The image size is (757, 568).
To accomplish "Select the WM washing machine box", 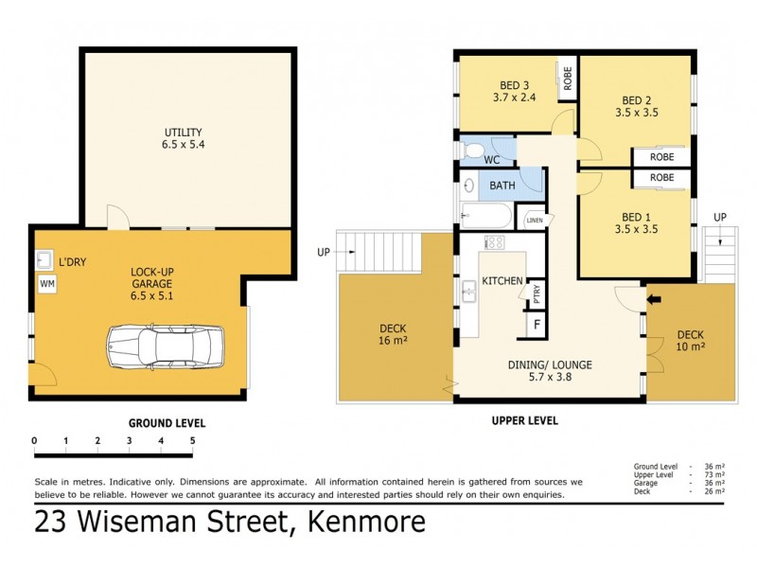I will point(46,283).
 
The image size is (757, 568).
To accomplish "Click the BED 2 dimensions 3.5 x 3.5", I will point(636,112).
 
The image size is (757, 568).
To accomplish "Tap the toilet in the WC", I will point(473,151).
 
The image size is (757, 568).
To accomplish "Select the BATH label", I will point(502,186).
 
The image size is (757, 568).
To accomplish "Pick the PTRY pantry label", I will point(537,291).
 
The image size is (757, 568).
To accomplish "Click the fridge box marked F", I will point(537,325).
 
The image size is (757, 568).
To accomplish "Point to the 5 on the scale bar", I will point(192,440).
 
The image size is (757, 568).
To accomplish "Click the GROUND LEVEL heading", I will point(167,423).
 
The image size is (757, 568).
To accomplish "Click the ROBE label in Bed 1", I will point(662,178).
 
